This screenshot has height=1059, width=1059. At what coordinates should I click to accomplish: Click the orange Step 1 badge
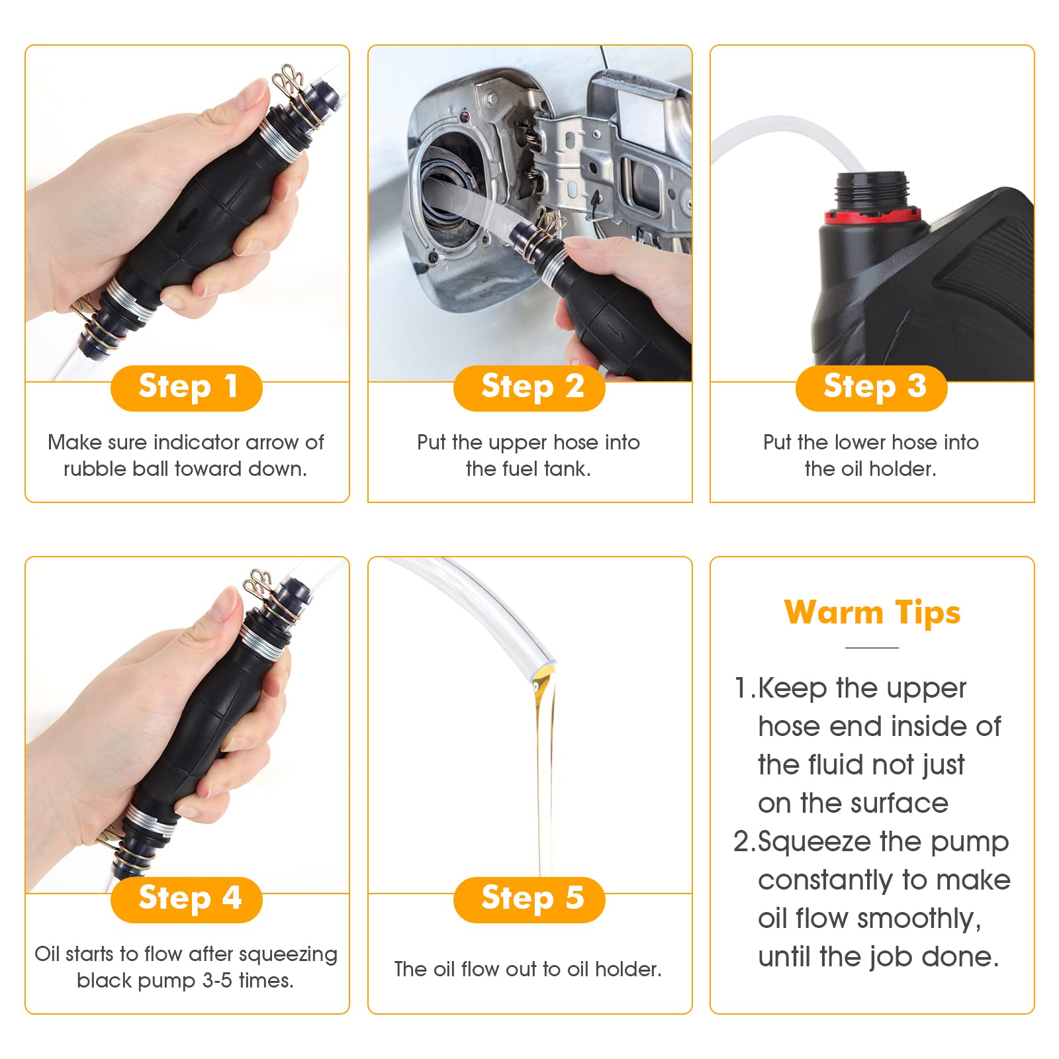tap(187, 388)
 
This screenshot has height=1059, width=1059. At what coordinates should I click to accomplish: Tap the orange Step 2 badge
tap(529, 388)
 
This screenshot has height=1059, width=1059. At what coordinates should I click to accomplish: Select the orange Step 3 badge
tap(872, 388)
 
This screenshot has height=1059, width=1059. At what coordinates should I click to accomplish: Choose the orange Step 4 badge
tap(187, 899)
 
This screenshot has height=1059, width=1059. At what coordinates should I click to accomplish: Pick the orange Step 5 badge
tap(529, 899)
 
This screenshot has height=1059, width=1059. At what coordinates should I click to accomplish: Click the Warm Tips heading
tap(872, 612)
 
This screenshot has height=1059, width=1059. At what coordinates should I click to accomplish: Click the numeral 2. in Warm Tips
tap(744, 842)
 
